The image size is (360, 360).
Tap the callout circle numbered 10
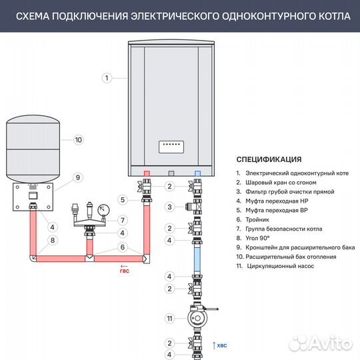click(78, 140)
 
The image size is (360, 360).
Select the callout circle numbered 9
click(78, 177)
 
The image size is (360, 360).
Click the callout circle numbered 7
click(122, 219)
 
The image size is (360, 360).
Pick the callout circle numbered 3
click(170, 207)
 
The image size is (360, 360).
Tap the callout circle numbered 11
click(170, 319)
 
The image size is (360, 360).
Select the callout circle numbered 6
click(122, 247)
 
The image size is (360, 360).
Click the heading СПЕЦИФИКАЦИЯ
click(269, 159)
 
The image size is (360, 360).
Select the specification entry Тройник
click(257, 219)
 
